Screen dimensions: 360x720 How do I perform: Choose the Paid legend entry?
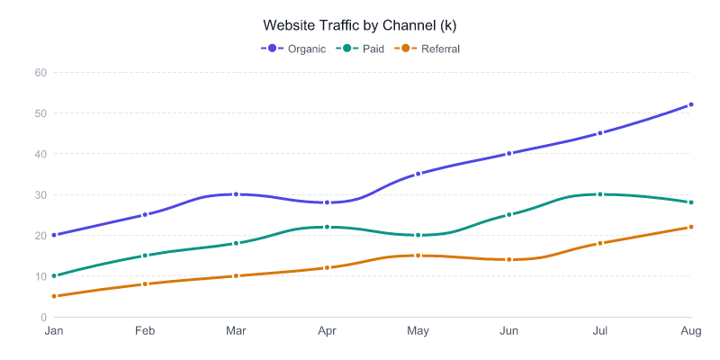coord(360,49)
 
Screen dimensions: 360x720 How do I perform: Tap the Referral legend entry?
coord(428,49)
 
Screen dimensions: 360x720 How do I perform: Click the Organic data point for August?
coord(690,104)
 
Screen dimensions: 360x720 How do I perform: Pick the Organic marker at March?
coord(236,194)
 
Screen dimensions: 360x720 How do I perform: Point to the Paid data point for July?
coord(599,194)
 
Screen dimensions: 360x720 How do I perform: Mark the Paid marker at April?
coord(327,227)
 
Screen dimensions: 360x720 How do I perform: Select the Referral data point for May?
coord(418,256)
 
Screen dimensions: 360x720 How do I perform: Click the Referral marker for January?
coord(54,296)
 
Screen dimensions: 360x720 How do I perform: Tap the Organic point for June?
coord(508,154)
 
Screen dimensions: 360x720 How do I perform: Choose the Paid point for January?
coord(54,276)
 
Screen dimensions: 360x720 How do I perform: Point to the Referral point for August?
coord(690,227)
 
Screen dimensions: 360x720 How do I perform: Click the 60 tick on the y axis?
coord(40,72)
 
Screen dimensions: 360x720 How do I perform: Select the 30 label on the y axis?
coord(40,194)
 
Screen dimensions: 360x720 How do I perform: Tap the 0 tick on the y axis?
coord(43,317)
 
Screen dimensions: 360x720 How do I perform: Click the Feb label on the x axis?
coord(145,331)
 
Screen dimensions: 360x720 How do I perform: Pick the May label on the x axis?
coord(418,331)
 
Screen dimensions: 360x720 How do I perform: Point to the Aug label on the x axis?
coord(690,331)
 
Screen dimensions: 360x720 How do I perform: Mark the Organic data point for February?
coord(145,215)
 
